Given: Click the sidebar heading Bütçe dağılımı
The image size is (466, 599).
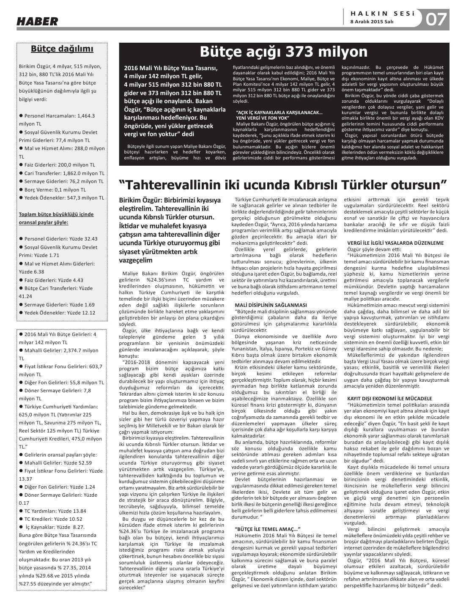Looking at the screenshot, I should coord(62,49).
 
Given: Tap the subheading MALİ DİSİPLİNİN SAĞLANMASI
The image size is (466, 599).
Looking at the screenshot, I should coord(270,305).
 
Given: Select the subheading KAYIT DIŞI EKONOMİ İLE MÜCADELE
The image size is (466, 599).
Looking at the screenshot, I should coord(389,398).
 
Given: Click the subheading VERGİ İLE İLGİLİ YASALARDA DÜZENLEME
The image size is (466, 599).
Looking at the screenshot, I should coord(395,243).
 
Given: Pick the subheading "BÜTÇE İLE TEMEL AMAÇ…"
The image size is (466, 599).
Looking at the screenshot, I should coord(267,529).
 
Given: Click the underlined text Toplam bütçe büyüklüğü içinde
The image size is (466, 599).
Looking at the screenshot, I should coord(56,214).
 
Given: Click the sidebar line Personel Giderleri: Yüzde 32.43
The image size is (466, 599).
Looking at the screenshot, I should coord(60,239).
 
